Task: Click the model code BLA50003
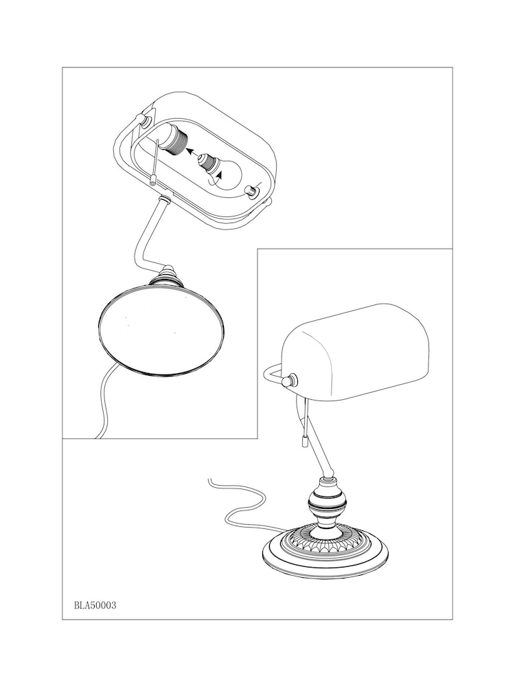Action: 95,605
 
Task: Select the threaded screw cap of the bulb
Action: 206,161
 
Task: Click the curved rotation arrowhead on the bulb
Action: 220,174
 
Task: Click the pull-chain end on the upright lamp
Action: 303,442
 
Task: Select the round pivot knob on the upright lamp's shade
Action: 290,380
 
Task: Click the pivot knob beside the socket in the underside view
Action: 144,120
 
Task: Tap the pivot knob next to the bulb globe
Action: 251,192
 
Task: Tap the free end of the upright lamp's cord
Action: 209,480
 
